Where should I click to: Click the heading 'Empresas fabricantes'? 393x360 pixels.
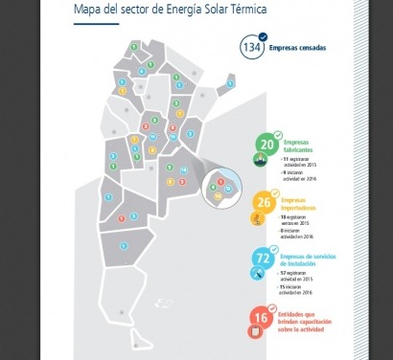pos(297,146)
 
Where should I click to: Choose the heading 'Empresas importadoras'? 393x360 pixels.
pos(303,204)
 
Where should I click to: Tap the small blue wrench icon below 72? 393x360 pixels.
pos(261,274)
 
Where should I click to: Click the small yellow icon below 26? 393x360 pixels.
pos(261,218)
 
